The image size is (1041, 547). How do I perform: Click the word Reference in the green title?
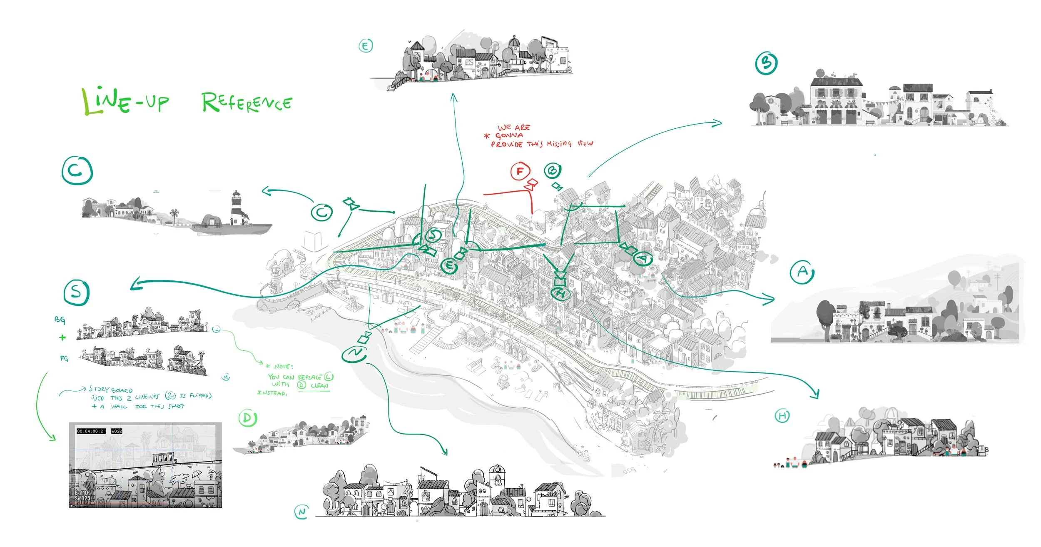coord(247,102)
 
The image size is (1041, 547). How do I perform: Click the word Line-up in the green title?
coord(125,101)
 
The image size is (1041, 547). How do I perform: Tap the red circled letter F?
coord(520,171)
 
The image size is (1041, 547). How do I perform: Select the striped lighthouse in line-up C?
coord(236,208)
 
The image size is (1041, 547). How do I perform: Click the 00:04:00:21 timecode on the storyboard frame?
coord(91,431)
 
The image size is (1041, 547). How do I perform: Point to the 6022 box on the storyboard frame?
coord(117,431)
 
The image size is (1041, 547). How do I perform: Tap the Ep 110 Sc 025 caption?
coord(82,495)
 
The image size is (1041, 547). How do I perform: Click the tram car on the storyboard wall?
coord(165,458)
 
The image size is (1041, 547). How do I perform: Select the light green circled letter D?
coord(248,418)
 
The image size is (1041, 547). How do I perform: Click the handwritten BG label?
coord(60,320)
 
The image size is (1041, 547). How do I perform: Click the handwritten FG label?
coord(64,358)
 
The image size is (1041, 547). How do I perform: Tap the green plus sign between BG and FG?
coord(62,337)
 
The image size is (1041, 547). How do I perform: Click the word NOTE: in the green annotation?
coord(284,367)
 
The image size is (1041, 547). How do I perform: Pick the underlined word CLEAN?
coord(319,386)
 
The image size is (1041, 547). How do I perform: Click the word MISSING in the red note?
coord(559,144)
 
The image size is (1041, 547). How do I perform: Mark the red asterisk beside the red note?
coord(487,136)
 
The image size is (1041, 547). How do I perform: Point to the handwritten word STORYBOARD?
coord(111,390)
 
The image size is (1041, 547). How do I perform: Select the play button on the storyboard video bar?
coord(72,506)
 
